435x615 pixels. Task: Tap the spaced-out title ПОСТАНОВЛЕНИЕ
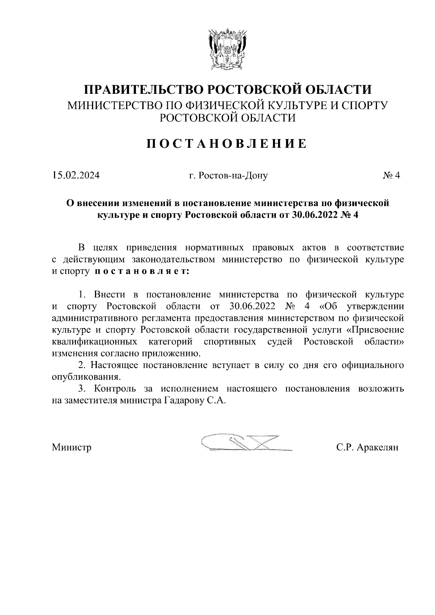[x=227, y=144]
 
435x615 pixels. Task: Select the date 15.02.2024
[x=75, y=176]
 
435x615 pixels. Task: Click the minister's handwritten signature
[x=246, y=443]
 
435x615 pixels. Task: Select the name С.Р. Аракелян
[x=367, y=447]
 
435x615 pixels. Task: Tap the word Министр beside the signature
[x=71, y=447]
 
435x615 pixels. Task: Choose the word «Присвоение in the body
[x=375, y=330]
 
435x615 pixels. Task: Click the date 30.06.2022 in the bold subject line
[x=314, y=215]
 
